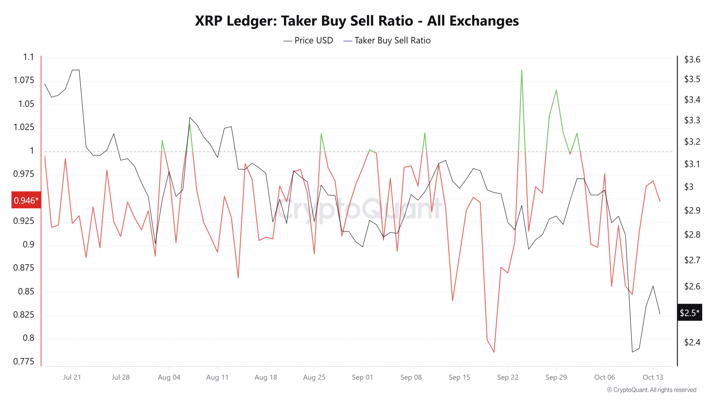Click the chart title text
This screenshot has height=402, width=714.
point(357,21)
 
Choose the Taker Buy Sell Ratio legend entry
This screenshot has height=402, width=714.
point(387,40)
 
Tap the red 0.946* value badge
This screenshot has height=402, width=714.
point(26,200)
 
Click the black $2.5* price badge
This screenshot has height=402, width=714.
point(689,312)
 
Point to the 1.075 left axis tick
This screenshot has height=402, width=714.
point(24,80)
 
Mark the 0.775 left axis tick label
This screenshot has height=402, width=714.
point(24,361)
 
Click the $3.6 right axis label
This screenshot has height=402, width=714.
point(692,60)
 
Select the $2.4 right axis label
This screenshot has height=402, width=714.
point(692,342)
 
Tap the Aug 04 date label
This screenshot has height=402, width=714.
point(169,377)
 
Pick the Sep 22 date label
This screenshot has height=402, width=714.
point(507,377)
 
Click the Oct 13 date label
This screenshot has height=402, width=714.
point(653,377)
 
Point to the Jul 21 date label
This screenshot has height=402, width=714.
point(72,377)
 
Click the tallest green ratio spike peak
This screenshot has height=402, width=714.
point(522,70)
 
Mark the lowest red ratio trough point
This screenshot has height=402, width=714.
point(494,352)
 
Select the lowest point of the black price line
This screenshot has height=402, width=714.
point(632,352)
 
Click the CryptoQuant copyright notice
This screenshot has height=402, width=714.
point(651,390)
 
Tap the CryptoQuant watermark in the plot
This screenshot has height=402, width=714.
point(359,209)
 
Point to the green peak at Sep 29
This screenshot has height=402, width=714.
point(556,90)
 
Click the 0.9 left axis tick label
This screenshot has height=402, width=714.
point(29,244)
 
